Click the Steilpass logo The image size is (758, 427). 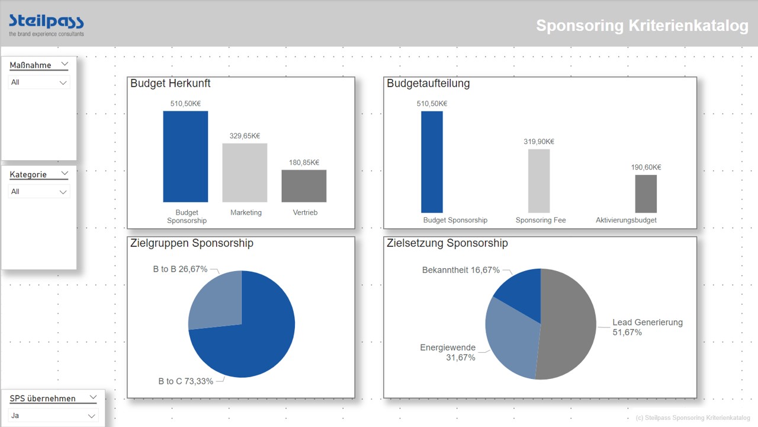click(46, 24)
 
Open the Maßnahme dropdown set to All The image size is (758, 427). click(39, 82)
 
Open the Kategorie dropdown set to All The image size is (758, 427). click(39, 192)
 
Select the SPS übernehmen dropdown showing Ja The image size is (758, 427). click(53, 416)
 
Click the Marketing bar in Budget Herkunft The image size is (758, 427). click(245, 173)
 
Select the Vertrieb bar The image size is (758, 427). click(304, 186)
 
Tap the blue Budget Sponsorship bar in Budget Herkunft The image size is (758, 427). click(185, 157)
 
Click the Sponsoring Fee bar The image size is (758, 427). click(539, 181)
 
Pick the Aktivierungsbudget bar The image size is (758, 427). click(645, 193)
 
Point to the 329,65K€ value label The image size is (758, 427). click(245, 136)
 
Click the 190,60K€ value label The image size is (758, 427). click(646, 167)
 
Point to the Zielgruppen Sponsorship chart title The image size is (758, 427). click(192, 243)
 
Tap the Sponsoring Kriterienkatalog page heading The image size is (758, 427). click(642, 26)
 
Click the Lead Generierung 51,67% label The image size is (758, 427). click(647, 327)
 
